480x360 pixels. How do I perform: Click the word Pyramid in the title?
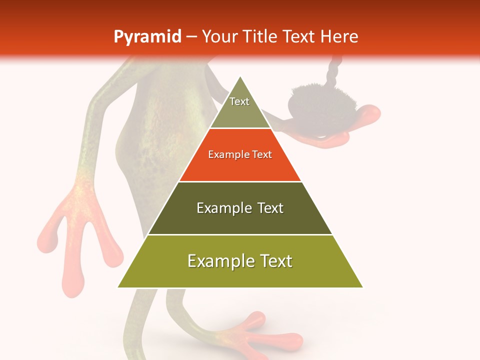point(147,37)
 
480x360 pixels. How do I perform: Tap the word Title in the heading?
point(259,36)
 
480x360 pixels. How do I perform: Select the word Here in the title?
point(339,36)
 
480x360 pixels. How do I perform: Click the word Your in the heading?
point(220,36)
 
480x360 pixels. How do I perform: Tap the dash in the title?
point(191,37)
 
